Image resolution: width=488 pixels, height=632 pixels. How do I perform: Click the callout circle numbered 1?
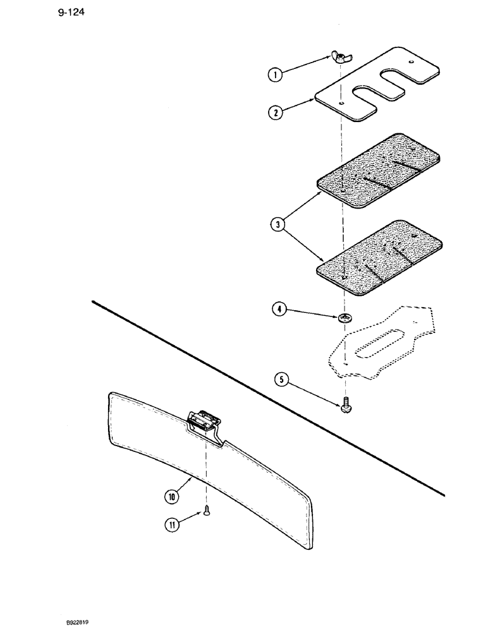tap(274, 75)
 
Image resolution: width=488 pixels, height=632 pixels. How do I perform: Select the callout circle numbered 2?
tap(274, 114)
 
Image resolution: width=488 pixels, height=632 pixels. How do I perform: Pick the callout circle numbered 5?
tap(282, 380)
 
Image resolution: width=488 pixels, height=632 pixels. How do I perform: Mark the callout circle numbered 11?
tap(171, 524)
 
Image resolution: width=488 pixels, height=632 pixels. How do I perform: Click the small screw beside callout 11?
tap(206, 514)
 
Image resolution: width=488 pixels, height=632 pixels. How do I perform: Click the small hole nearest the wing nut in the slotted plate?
tap(341, 103)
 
